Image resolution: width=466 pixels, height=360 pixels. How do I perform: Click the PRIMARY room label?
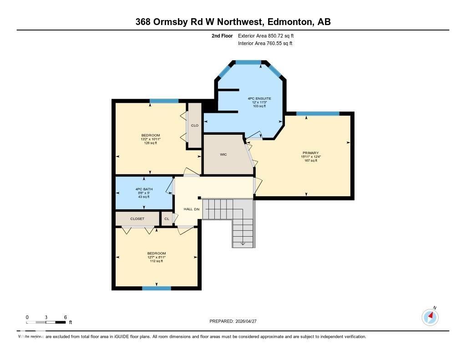(x=310, y=153)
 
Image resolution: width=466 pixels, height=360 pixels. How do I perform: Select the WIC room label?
(x=223, y=155)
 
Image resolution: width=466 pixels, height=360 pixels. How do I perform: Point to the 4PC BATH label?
(x=143, y=189)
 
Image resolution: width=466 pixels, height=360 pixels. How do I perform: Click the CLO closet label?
(x=194, y=126)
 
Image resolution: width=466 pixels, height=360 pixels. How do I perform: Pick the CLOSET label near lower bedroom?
(x=137, y=219)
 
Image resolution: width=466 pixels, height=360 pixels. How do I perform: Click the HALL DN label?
(x=191, y=209)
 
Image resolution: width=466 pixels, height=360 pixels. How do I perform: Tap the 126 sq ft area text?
(x=150, y=143)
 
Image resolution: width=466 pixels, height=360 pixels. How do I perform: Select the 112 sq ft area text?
(x=156, y=261)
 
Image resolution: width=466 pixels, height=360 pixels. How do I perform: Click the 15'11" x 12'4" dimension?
(x=311, y=157)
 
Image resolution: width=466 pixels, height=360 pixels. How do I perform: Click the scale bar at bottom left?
(x=46, y=322)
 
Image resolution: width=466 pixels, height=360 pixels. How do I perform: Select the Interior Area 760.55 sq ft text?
(x=265, y=44)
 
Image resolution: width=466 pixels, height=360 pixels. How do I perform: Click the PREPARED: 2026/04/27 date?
(x=236, y=321)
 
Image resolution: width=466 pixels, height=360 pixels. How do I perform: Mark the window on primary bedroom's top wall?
(x=318, y=113)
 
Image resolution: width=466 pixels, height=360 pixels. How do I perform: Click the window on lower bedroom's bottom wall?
(x=156, y=288)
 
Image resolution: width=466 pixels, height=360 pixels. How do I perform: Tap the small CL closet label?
(x=167, y=219)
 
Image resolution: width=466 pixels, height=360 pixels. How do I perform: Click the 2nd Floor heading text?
(x=222, y=35)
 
